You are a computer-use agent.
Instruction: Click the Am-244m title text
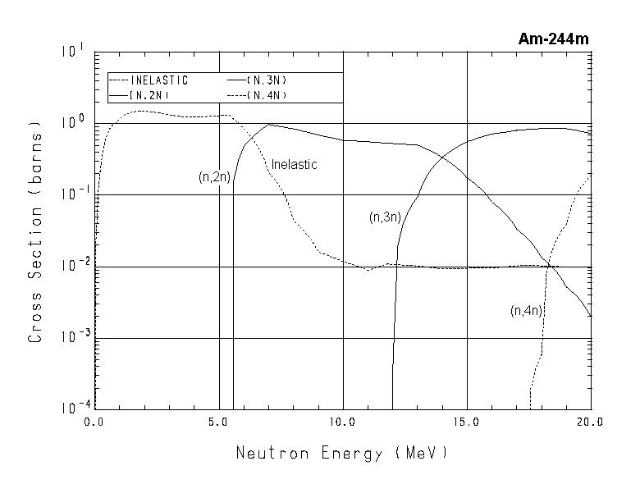click(553, 39)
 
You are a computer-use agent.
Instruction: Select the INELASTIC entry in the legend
click(159, 80)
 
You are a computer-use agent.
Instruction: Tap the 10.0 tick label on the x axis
click(342, 421)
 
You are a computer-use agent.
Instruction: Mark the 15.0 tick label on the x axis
click(466, 421)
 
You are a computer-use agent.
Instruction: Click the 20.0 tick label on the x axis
click(589, 421)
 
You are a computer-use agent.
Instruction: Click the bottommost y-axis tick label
click(72, 408)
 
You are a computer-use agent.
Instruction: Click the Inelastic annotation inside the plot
click(294, 164)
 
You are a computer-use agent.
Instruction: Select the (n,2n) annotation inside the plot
click(215, 177)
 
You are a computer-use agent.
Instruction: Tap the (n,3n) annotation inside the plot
click(384, 217)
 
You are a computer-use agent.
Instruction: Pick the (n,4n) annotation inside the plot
click(526, 310)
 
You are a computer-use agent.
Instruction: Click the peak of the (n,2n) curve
click(269, 125)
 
